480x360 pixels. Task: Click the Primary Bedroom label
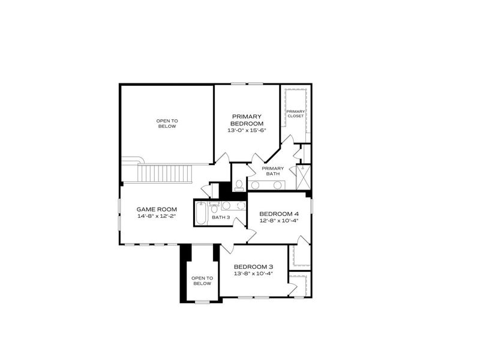tap(247, 119)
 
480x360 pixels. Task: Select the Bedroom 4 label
tap(279, 214)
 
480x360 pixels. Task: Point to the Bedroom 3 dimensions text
tap(254, 274)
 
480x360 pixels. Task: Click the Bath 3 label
tap(220, 217)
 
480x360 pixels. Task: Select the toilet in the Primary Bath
tap(239, 184)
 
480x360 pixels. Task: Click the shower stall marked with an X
tap(304, 177)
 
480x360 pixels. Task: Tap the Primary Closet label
tap(295, 113)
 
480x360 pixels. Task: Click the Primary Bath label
tap(272, 171)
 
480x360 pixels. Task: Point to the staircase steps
tap(164, 173)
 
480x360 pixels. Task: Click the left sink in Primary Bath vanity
tap(255, 185)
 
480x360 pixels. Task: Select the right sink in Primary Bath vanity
tap(278, 185)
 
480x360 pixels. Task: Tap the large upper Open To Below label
tap(167, 124)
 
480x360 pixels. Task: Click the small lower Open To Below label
tap(202, 281)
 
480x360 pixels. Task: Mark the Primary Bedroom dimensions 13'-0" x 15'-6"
tap(247, 130)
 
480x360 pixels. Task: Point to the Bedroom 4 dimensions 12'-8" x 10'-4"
tap(279, 221)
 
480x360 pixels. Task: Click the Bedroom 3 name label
tap(254, 266)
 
